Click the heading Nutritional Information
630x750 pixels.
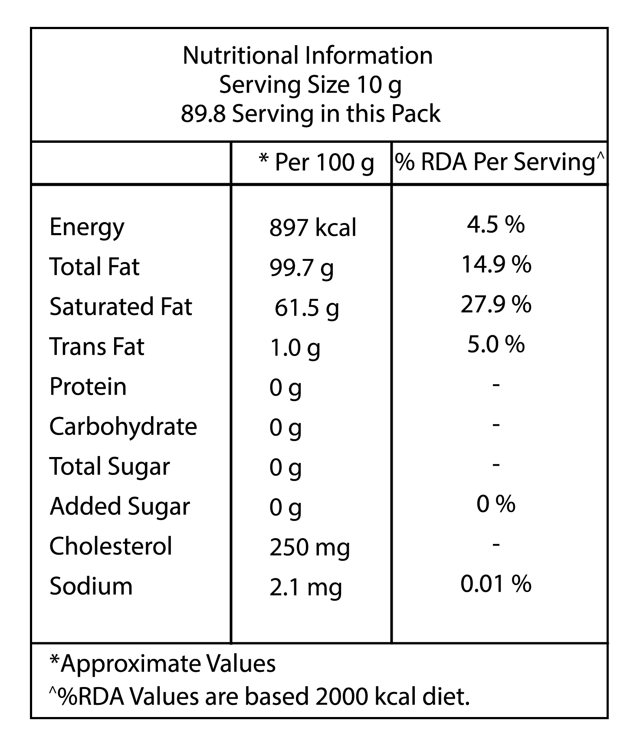(308, 56)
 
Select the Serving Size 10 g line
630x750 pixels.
(310, 86)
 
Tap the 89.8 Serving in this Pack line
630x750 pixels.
(311, 114)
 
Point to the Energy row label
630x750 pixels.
(87, 228)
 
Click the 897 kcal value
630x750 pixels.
(313, 227)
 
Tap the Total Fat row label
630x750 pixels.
(95, 266)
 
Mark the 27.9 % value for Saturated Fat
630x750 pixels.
(496, 304)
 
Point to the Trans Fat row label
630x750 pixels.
(97, 346)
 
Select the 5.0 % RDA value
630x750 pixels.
(496, 344)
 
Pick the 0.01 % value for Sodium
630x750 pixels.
(496, 583)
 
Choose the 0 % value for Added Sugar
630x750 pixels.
(496, 503)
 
